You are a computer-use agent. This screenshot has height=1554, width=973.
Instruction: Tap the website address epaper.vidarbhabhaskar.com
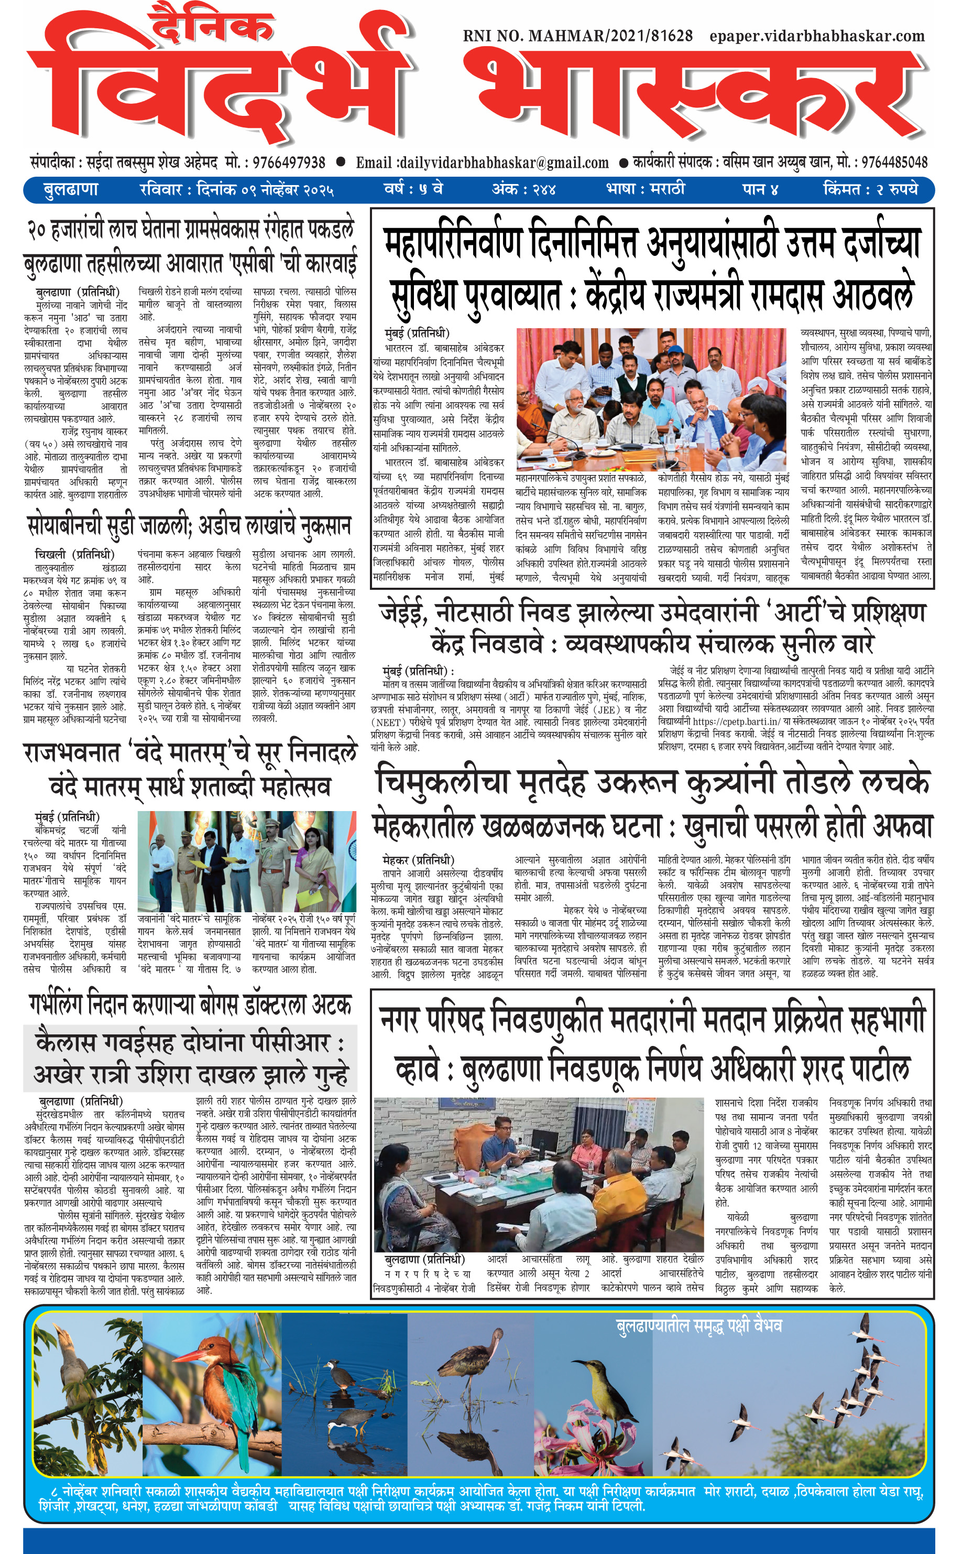[x=817, y=36]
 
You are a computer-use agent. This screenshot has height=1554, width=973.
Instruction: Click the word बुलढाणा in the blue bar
[x=70, y=190]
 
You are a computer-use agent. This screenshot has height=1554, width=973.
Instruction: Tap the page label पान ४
[x=760, y=190]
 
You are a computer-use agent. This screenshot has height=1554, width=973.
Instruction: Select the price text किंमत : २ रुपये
[x=870, y=190]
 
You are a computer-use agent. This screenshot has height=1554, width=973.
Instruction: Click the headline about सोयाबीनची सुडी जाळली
[x=190, y=526]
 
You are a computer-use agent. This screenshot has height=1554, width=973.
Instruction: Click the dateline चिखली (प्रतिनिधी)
[x=74, y=554]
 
